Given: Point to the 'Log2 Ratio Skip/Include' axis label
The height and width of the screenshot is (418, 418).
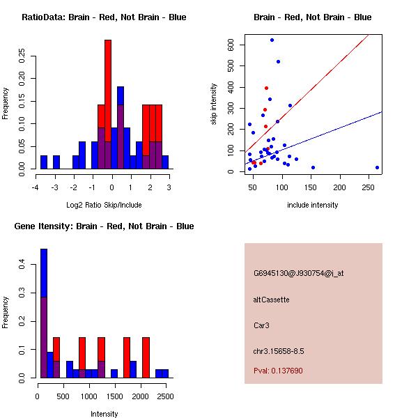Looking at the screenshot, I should pyautogui.click(x=103, y=205).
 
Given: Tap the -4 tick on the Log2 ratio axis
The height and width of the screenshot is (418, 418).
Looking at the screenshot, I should pyautogui.click(x=36, y=187).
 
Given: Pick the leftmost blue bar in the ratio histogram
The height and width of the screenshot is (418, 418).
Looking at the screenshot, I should pyautogui.click(x=44, y=162).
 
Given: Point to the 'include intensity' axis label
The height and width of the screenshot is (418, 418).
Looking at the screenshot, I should pyautogui.click(x=313, y=205).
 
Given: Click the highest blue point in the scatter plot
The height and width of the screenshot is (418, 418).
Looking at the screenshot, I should pyautogui.click(x=272, y=40).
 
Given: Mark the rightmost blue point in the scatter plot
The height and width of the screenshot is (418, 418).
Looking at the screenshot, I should pyautogui.click(x=377, y=167).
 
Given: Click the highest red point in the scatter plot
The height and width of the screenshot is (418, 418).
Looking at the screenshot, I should pyautogui.click(x=266, y=88).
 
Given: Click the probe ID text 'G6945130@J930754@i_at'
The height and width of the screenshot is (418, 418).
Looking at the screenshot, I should pyautogui.click(x=299, y=273).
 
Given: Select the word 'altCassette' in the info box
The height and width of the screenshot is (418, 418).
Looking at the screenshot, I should pyautogui.click(x=271, y=300).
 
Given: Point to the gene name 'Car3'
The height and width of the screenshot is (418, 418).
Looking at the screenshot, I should pyautogui.click(x=262, y=325).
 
